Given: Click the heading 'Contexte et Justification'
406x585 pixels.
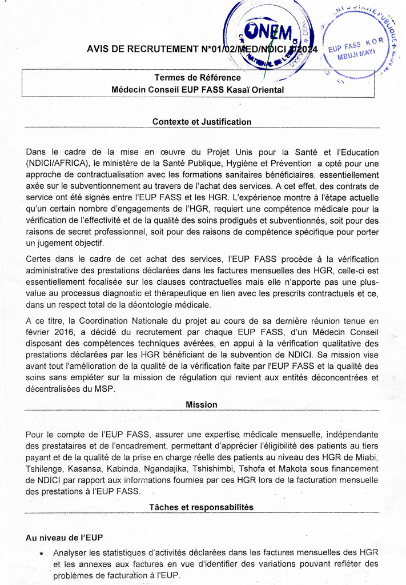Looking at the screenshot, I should click(202, 122).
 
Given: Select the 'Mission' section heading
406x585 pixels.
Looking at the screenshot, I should click(202, 404).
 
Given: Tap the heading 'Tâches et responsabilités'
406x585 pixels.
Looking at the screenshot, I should click(201, 507).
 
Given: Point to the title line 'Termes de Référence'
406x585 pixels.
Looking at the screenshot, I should click(198, 78).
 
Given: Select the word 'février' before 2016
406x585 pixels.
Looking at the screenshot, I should click(39, 332).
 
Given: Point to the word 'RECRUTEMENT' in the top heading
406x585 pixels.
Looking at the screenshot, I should click(151, 49).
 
